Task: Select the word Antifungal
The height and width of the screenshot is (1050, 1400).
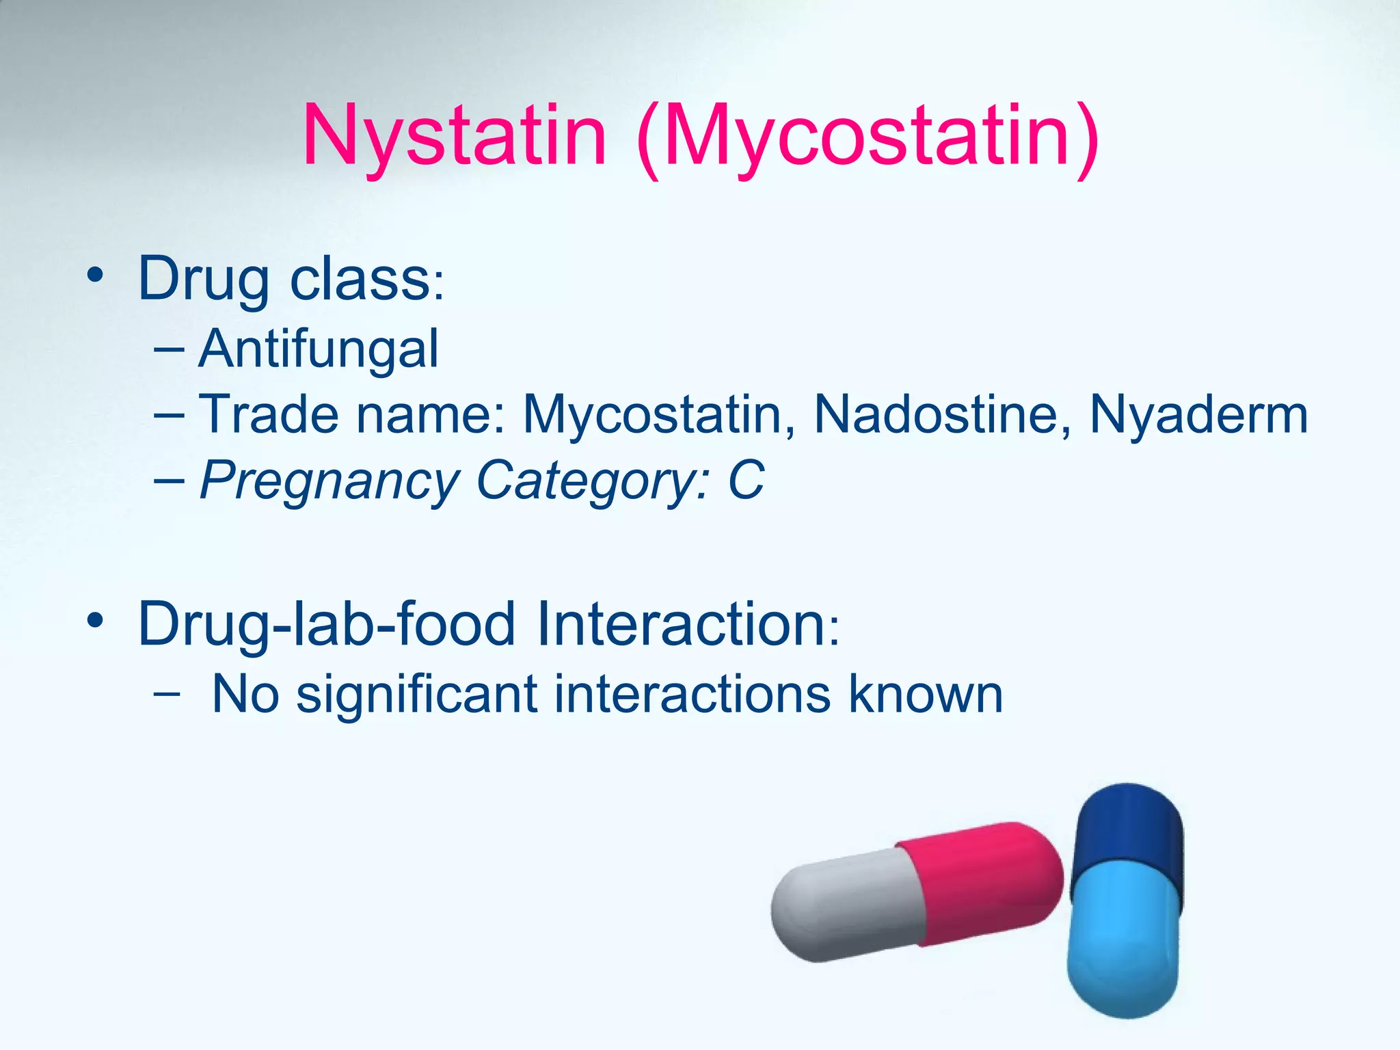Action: [319, 349]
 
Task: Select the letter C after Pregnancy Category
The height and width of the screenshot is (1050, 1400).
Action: [746, 480]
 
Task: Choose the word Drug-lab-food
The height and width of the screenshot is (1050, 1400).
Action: [327, 623]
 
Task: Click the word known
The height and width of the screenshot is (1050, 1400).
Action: [926, 695]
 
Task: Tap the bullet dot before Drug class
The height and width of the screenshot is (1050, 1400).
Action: [95, 277]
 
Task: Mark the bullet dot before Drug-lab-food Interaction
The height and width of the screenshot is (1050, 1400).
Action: [95, 621]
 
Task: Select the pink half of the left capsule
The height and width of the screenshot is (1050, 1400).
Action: [984, 882]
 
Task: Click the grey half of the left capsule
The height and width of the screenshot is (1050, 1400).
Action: [848, 906]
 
